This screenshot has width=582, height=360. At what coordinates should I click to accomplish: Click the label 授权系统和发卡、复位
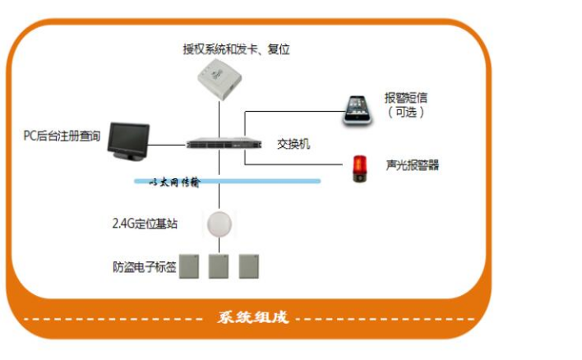(x=236, y=49)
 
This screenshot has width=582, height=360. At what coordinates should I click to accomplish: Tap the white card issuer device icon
(x=219, y=81)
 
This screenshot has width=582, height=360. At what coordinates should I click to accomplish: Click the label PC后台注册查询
(x=62, y=136)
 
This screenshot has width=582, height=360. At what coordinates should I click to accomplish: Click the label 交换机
(x=293, y=144)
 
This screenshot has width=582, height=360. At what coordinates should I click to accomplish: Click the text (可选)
(x=406, y=113)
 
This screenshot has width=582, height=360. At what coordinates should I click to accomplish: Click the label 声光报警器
(x=413, y=165)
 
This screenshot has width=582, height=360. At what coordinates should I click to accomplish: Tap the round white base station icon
(x=219, y=224)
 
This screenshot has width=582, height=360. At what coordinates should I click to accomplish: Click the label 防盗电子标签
(x=144, y=266)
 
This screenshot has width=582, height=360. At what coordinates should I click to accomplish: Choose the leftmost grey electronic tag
(x=191, y=265)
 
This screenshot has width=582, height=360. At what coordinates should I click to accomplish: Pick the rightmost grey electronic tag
(x=248, y=265)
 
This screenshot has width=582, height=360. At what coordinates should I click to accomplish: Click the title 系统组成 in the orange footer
(x=252, y=318)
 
